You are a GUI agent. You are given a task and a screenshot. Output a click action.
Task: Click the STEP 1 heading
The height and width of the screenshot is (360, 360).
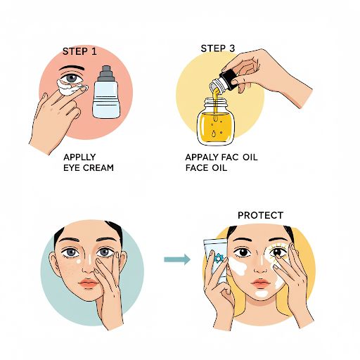click(79, 51)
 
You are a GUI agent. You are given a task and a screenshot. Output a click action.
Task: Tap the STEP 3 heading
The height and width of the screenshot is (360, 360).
click(218, 49)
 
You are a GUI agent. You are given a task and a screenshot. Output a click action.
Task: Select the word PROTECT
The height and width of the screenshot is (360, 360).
click(260, 215)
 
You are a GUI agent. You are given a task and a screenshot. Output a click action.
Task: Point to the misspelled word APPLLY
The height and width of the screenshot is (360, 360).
click(79, 157)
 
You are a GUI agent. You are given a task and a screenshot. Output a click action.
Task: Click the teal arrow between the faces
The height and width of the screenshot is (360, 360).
click(177, 259)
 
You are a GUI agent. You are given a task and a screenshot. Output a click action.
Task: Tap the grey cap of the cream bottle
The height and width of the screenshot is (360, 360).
click(106, 73)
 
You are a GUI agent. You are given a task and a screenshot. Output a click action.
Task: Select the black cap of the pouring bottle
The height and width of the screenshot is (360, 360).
click(228, 80)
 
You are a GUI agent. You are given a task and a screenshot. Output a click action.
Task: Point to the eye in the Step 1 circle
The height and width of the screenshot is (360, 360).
click(72, 78)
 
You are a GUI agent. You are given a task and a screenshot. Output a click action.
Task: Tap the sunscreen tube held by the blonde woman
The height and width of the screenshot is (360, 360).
click(216, 259)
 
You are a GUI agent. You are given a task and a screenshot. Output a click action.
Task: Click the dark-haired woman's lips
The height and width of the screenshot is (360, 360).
click(89, 283)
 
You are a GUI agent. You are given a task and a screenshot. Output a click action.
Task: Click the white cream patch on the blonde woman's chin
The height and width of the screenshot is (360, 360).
click(262, 293)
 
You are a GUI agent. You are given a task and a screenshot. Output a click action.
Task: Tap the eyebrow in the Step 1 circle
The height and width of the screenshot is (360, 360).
click(71, 67)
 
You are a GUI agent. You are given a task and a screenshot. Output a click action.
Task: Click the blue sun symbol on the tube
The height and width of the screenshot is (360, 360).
click(217, 259)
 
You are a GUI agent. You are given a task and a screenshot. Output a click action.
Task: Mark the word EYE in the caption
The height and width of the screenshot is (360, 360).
click(72, 168)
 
